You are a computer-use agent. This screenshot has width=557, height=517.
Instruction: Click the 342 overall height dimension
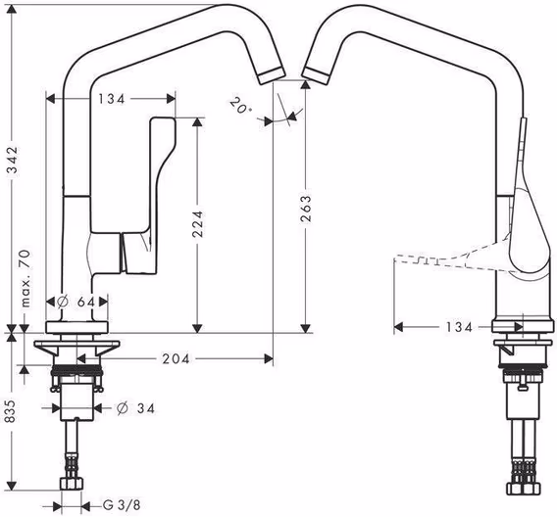pyautogui.click(x=13, y=160)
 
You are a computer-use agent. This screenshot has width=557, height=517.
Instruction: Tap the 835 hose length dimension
pyautogui.click(x=11, y=411)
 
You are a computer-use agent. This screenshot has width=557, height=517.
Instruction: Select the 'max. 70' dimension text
pyautogui.click(x=25, y=278)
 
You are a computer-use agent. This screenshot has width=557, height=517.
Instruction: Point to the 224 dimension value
pyautogui.click(x=197, y=223)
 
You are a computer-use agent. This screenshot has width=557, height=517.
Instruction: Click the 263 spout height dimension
pyautogui.click(x=306, y=209)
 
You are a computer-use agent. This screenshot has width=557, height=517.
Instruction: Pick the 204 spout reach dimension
pyautogui.click(x=177, y=358)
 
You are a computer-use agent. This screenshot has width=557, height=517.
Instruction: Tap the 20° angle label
pyautogui.click(x=240, y=106)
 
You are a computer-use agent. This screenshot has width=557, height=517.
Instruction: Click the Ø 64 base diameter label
pyautogui.click(x=76, y=302)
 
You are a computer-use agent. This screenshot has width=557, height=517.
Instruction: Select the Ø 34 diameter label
pyautogui.click(x=135, y=408)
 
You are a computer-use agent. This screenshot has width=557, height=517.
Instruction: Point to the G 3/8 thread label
pyautogui.click(x=122, y=505)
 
